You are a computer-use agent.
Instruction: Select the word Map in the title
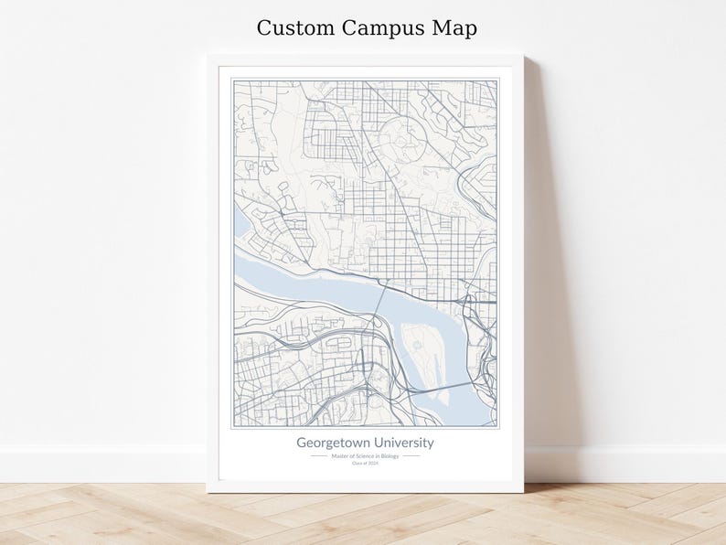pos(454,28)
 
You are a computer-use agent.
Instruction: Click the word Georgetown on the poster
pos(334,443)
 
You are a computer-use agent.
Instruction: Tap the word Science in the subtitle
pos(366,455)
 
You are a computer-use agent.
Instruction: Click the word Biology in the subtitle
pos(392,455)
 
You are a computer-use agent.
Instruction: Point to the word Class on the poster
pos(358,463)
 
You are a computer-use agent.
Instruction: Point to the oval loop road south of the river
pos(337,343)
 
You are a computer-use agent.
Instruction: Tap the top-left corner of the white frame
pos(208,57)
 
